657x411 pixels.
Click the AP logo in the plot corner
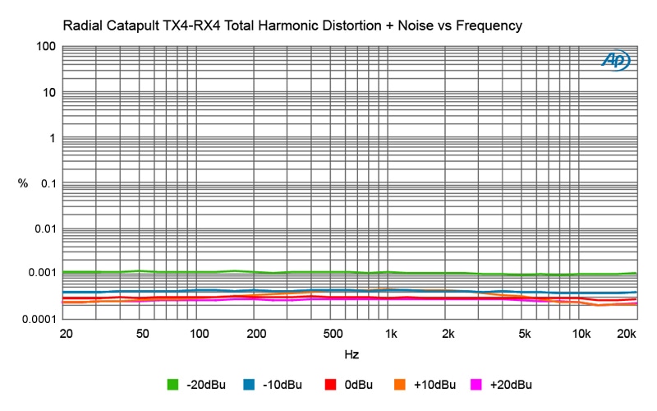(615, 60)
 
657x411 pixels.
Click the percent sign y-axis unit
(23, 182)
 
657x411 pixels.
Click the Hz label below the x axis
(351, 353)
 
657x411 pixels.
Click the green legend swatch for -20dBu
(172, 384)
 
